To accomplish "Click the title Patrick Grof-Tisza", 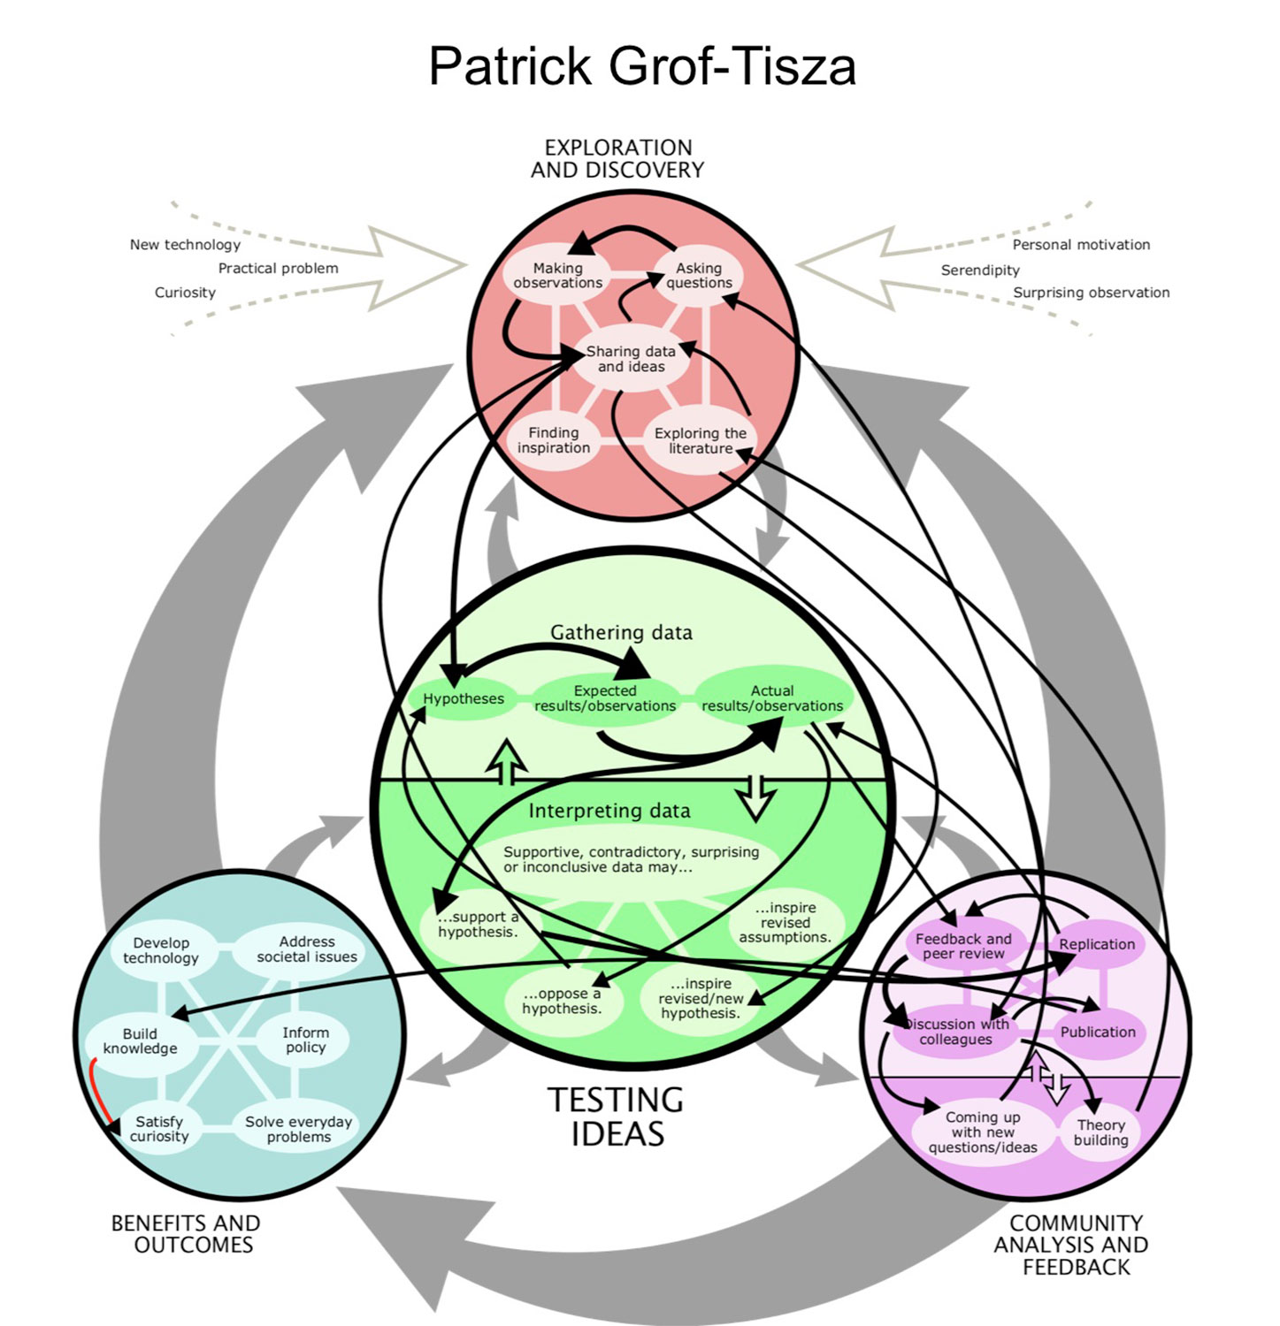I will click(x=641, y=66).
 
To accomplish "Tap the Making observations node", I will click(x=557, y=275).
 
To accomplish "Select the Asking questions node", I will click(x=699, y=275).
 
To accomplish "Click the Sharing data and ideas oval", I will click(x=631, y=359).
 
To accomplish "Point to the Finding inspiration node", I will click(x=554, y=440).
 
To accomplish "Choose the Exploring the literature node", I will click(x=700, y=440).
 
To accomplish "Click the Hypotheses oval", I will click(x=463, y=698).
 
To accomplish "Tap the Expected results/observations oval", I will click(x=605, y=698).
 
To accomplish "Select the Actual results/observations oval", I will click(x=772, y=698).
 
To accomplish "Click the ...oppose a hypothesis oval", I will click(x=561, y=1001).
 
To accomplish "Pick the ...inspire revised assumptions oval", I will click(x=785, y=922).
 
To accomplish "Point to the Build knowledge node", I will click(x=140, y=1041).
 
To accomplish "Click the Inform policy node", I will click(x=305, y=1040).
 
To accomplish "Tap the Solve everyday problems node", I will click(x=298, y=1129).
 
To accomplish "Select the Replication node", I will click(x=1097, y=944).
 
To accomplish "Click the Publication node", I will click(x=1098, y=1032).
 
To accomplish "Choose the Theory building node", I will click(x=1100, y=1132).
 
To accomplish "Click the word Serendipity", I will click(x=979, y=271).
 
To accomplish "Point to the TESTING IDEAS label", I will click(x=617, y=1116).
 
